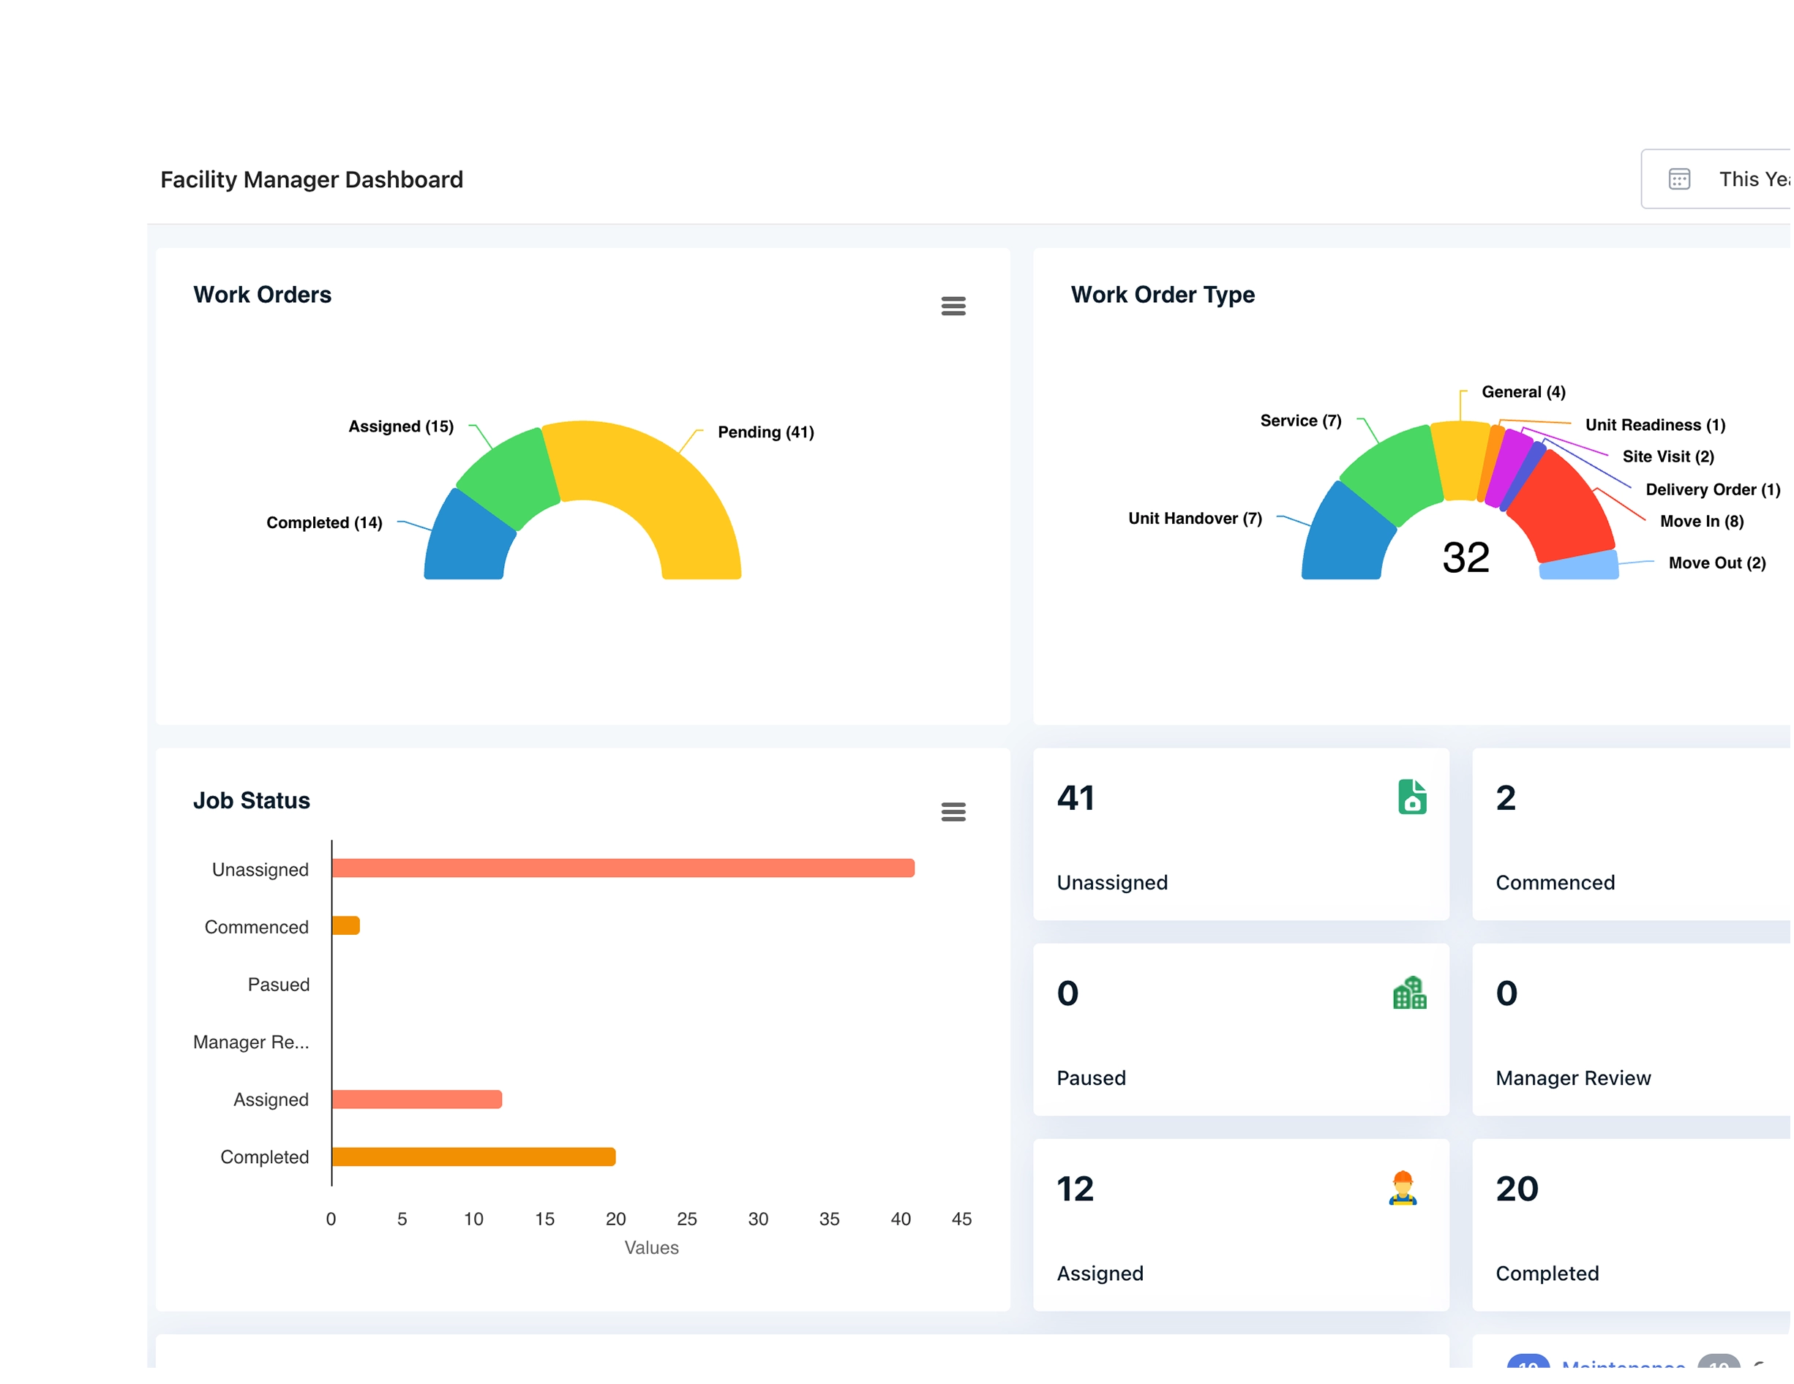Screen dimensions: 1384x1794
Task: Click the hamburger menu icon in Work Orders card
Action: click(953, 306)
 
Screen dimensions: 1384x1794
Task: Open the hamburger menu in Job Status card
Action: click(953, 811)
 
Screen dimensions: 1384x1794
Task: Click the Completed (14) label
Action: click(323, 522)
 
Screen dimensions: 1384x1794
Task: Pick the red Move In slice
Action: click(1561, 509)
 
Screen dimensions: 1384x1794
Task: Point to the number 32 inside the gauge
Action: click(1465, 557)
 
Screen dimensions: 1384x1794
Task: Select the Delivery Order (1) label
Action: click(1712, 489)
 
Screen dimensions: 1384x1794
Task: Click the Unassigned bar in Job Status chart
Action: click(623, 868)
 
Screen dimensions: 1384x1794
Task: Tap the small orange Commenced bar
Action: click(346, 925)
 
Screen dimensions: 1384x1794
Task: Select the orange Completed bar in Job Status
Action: click(474, 1157)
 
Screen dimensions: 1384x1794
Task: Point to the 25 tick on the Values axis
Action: click(687, 1219)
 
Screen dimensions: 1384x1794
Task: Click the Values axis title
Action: click(651, 1248)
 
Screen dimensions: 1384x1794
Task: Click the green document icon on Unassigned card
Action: click(1412, 797)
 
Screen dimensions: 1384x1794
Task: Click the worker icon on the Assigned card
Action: click(1403, 1188)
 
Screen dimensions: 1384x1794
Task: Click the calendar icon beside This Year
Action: click(1679, 179)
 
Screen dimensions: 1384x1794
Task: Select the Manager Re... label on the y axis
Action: click(252, 1042)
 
